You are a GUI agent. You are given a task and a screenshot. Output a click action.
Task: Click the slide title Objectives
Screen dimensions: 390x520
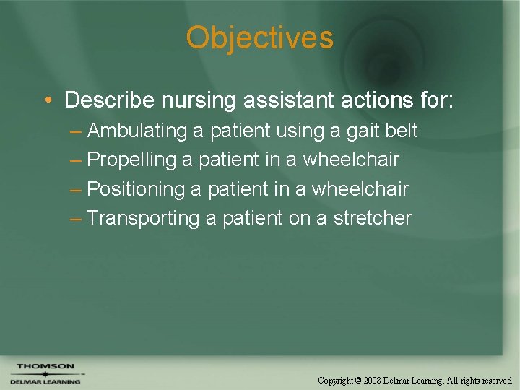point(259,38)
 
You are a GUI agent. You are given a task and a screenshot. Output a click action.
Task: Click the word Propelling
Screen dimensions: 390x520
point(131,160)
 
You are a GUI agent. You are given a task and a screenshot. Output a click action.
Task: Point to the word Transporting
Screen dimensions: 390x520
point(142,218)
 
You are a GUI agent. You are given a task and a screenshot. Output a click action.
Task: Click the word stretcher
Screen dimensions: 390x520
point(373,218)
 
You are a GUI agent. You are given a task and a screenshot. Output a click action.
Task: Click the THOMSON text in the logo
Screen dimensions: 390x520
point(45,366)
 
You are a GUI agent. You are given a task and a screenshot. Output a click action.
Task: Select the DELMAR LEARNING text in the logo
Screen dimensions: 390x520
point(45,381)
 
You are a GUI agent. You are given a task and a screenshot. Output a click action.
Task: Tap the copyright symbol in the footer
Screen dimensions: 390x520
point(357,380)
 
